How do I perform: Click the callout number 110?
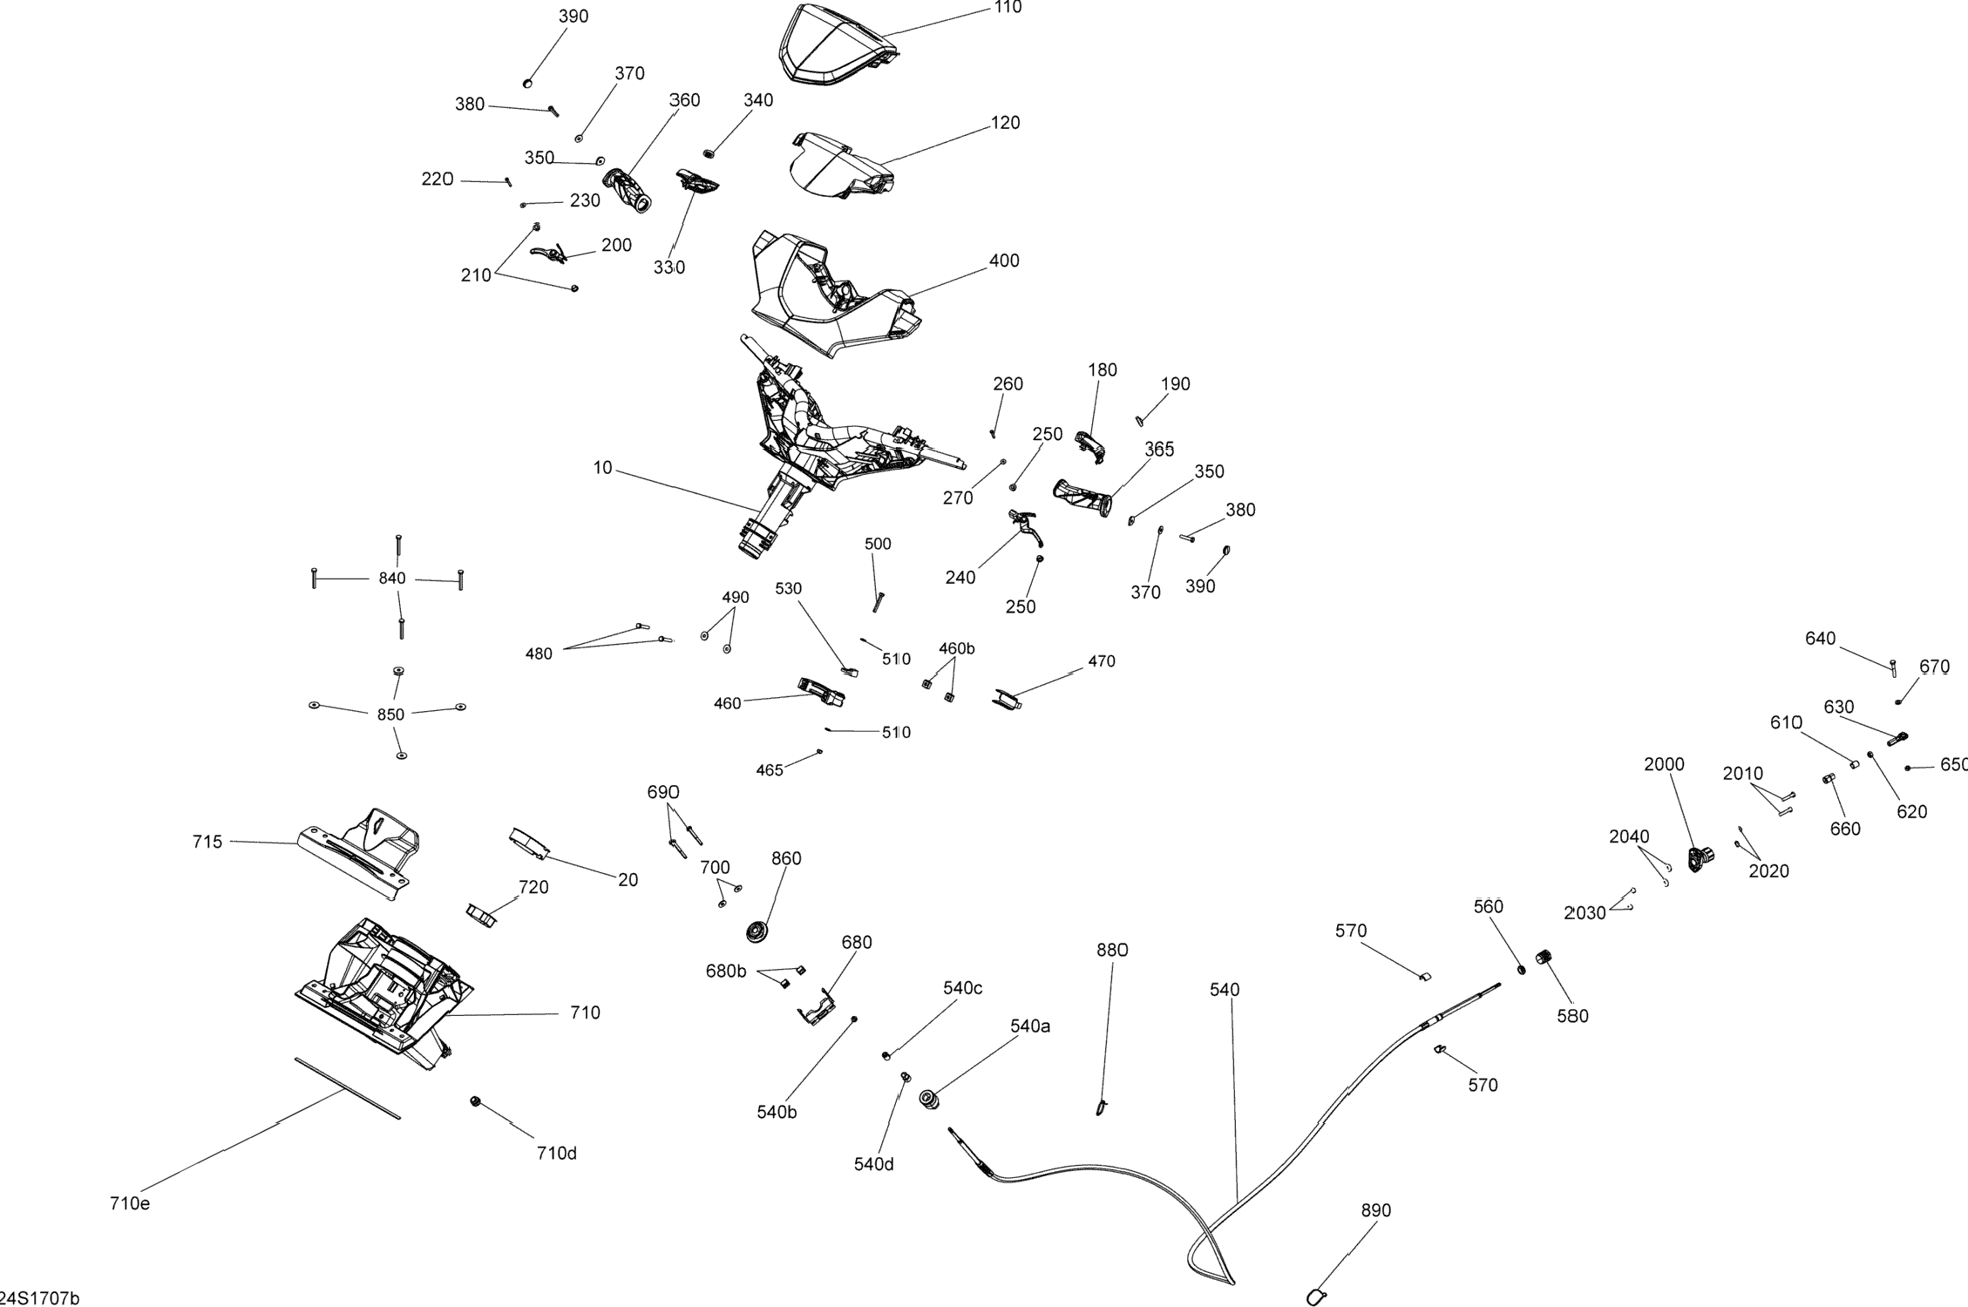coord(1008,8)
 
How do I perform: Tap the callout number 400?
coord(1004,261)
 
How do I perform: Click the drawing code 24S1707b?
coord(40,1298)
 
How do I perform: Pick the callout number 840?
coord(392,579)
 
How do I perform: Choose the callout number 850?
coord(390,714)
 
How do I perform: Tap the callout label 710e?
coord(130,1203)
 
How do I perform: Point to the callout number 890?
coord(1376,1210)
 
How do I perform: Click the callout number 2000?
coord(1664,764)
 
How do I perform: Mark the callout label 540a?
coord(1030,1026)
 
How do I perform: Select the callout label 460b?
coord(956,648)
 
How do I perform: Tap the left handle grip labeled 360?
coord(628,190)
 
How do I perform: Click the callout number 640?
coord(1820,639)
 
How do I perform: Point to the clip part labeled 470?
coord(1008,698)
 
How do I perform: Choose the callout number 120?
coord(1005,123)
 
